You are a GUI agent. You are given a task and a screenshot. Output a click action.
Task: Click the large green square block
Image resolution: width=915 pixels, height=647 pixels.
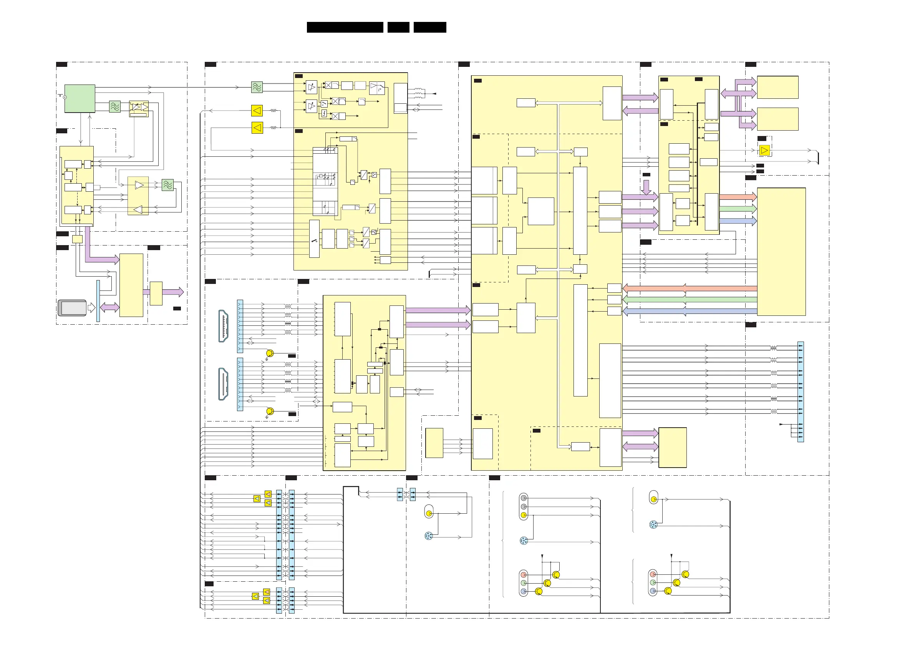click(80, 98)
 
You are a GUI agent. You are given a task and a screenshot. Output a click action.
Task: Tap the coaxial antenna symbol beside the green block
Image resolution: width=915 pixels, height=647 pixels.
click(62, 96)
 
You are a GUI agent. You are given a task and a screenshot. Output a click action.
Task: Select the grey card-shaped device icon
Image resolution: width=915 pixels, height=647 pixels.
click(72, 308)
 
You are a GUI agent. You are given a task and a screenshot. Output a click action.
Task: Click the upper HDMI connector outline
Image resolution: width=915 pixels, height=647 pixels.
click(224, 326)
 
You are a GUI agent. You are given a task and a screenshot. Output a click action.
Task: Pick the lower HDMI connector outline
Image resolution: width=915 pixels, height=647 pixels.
click(224, 384)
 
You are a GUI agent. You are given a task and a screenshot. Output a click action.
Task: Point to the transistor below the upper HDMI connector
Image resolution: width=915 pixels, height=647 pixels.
click(270, 353)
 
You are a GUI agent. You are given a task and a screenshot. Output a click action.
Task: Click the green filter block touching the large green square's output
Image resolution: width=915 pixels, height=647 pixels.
click(115, 106)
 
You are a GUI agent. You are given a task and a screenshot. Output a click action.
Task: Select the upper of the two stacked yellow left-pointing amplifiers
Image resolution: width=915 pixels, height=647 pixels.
click(257, 110)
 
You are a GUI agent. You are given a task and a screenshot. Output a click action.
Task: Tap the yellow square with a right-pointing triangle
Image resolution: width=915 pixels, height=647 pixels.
click(764, 150)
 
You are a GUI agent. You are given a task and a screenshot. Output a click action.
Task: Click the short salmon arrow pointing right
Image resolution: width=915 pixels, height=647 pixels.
click(738, 197)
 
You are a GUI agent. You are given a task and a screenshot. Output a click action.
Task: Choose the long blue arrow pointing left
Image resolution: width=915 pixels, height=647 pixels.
click(690, 311)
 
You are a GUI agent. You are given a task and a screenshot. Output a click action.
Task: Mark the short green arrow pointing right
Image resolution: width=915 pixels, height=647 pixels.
click(738, 209)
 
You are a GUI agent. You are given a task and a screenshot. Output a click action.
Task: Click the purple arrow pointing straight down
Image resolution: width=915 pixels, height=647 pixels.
click(646, 187)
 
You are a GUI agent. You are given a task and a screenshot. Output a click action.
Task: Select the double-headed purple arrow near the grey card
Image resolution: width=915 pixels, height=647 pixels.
click(109, 307)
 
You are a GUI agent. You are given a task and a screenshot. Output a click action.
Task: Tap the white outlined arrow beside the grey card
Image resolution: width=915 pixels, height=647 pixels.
click(91, 308)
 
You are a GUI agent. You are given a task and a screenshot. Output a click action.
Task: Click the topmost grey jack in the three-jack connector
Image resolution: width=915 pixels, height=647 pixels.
click(524, 498)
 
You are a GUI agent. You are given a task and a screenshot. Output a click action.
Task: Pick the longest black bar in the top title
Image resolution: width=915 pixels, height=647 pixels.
click(345, 27)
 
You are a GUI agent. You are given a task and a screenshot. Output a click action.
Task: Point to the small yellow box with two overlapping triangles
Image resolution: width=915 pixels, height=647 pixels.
click(139, 108)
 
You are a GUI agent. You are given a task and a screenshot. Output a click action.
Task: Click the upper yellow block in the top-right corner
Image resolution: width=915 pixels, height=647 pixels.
click(777, 87)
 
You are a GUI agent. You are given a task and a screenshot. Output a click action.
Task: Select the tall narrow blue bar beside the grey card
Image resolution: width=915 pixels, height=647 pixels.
click(98, 301)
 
